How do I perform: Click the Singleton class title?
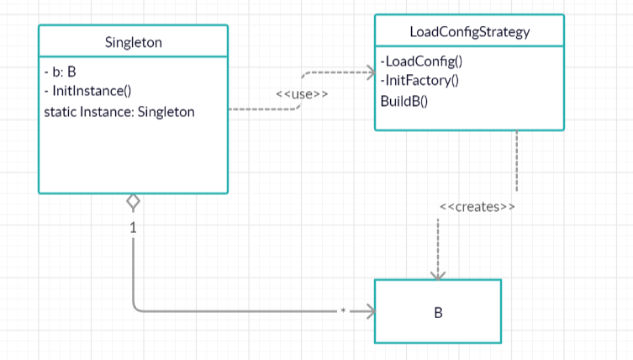click(133, 42)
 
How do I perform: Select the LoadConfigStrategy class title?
click(470, 32)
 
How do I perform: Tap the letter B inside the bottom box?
click(438, 312)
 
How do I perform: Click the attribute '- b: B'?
click(61, 71)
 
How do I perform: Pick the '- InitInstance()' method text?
click(87, 91)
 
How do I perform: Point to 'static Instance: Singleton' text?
click(119, 112)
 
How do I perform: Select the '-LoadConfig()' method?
click(421, 61)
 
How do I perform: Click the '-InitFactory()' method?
click(419, 81)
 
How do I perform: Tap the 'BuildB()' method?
click(404, 101)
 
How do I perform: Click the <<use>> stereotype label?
click(302, 94)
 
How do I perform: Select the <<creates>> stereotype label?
click(477, 207)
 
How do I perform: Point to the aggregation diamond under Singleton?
click(133, 202)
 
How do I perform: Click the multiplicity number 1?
click(133, 228)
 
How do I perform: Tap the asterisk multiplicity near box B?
click(343, 310)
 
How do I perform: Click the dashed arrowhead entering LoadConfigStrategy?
click(372, 72)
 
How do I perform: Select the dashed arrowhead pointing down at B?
click(438, 276)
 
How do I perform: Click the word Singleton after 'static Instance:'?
click(166, 112)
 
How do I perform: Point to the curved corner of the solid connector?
click(136, 308)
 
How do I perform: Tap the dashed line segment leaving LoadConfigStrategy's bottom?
click(517, 161)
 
